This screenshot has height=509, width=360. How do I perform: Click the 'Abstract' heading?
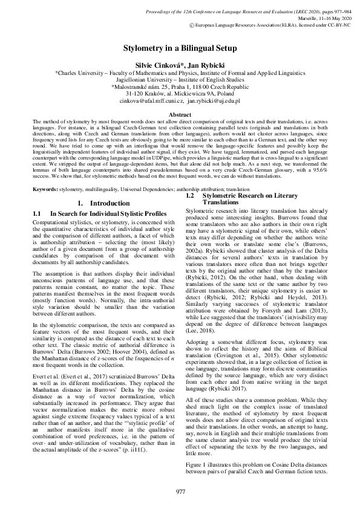click(180, 114)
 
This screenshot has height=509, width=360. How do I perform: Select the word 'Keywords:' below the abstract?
click(45, 172)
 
